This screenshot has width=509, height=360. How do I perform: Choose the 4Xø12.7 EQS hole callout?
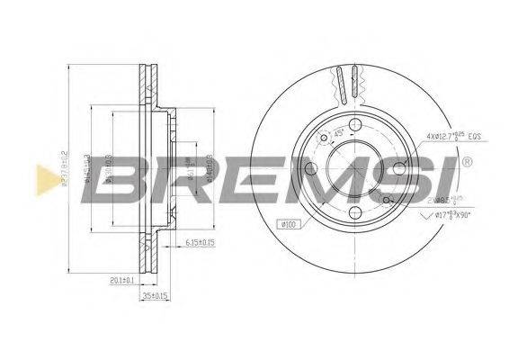pyautogui.click(x=453, y=136)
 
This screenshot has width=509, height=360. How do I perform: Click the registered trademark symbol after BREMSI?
pyautogui.click(x=468, y=163)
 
